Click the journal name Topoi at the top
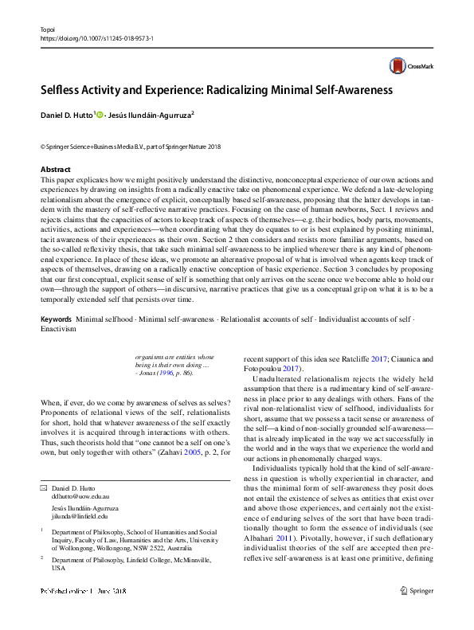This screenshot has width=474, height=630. (49, 28)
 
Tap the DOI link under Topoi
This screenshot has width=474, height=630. (96, 37)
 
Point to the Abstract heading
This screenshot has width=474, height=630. (56, 169)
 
